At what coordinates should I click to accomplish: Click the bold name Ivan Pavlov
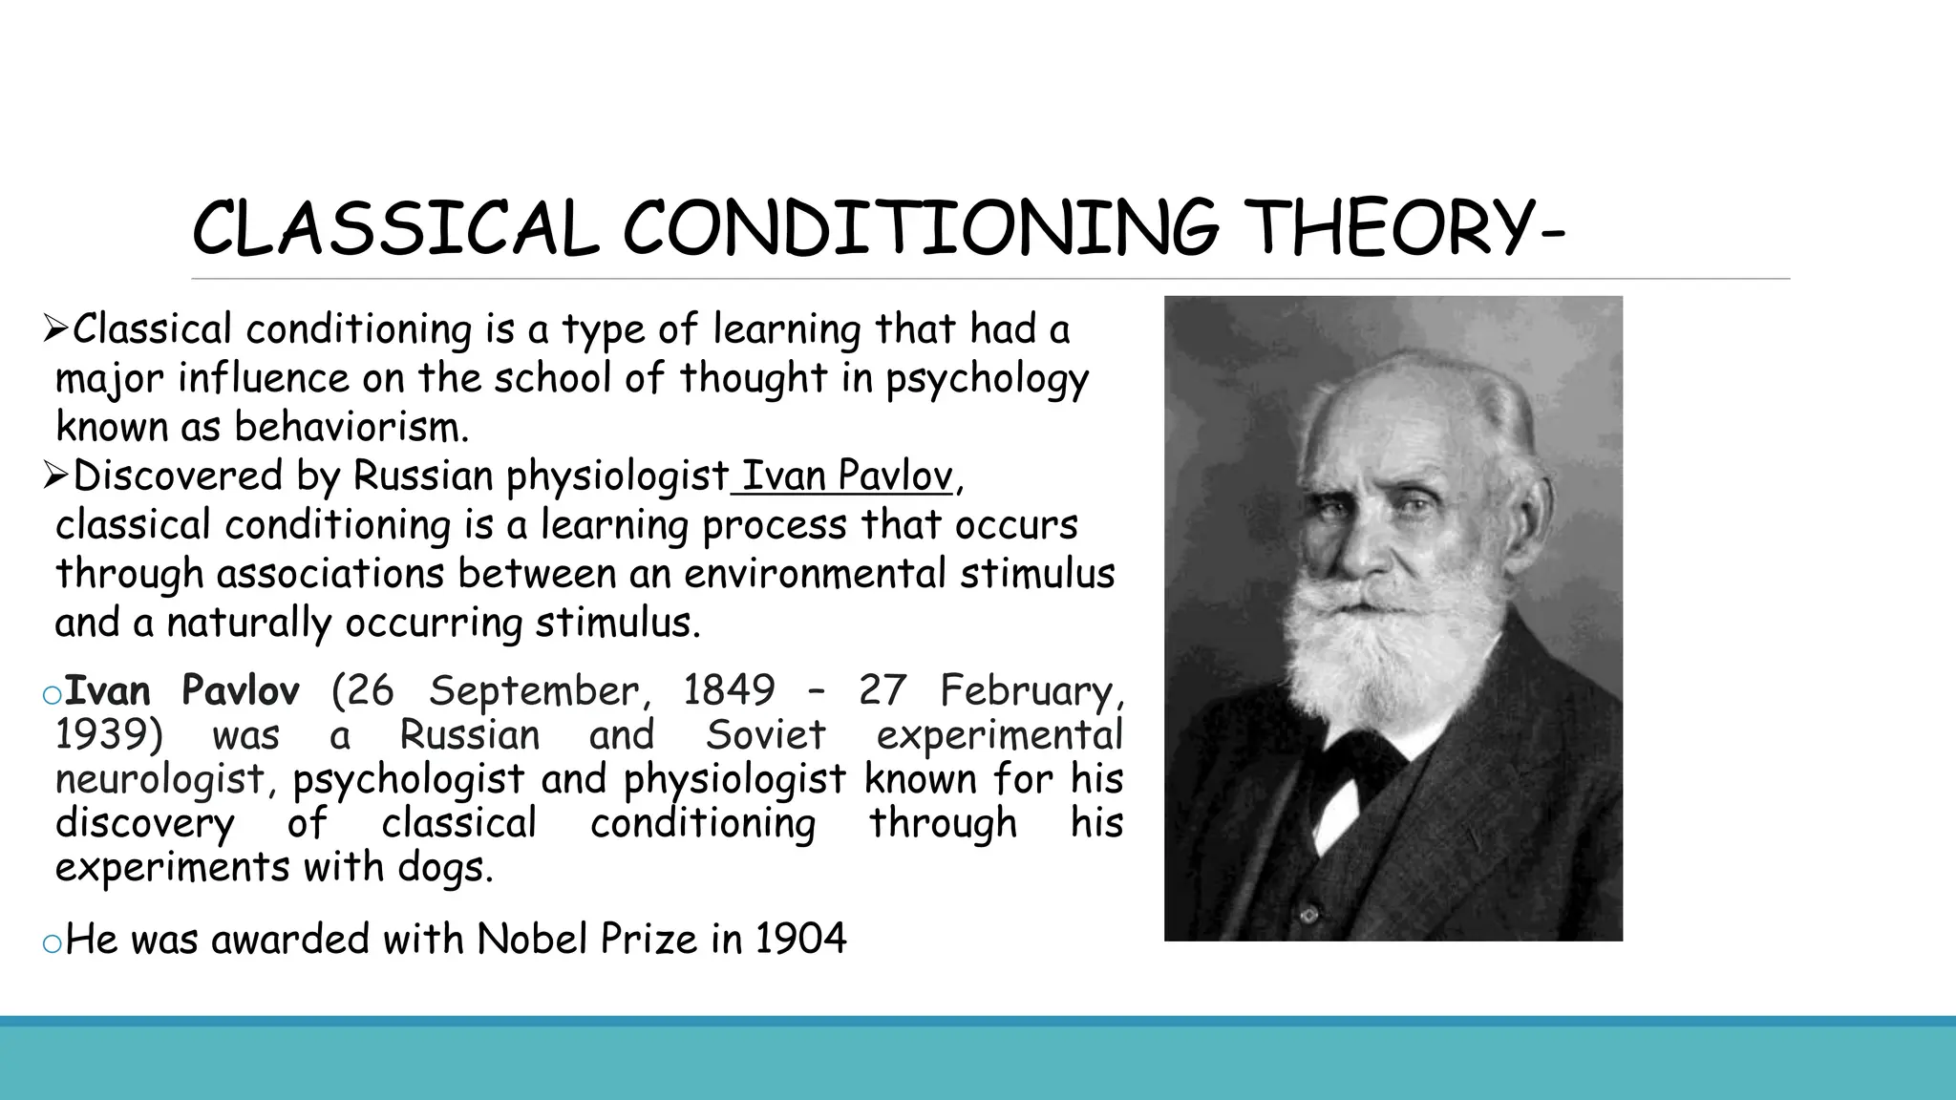coord(182,690)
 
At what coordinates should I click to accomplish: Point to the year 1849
coord(729,690)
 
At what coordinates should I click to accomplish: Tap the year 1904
coord(800,940)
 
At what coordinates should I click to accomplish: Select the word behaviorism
coord(351,427)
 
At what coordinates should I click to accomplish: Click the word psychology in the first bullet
coord(987,379)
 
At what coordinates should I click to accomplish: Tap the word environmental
coord(817,574)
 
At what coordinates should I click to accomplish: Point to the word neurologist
coord(159,779)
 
